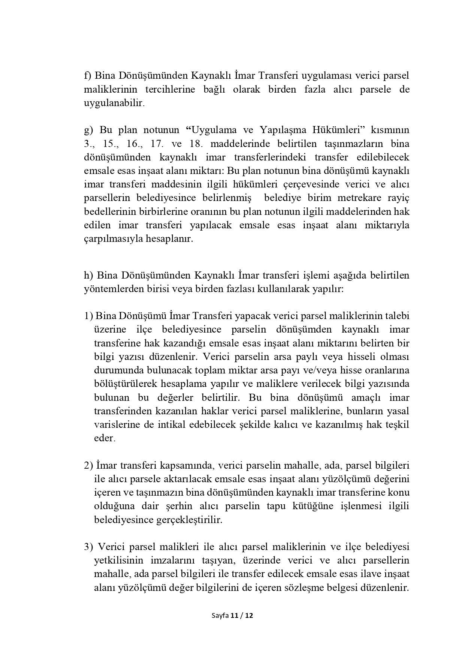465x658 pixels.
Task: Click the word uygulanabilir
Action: tap(114, 103)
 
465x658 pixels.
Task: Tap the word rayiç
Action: tap(398, 198)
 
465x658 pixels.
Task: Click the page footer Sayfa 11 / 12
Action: tap(232, 615)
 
